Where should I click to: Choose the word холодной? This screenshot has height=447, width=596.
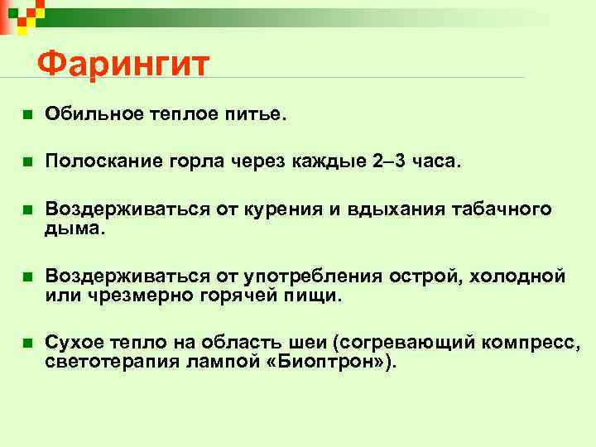(x=517, y=274)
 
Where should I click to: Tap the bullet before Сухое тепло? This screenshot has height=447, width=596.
(x=26, y=343)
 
